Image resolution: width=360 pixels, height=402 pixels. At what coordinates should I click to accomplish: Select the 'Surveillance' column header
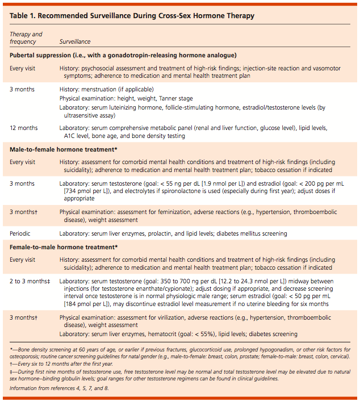coord(75,42)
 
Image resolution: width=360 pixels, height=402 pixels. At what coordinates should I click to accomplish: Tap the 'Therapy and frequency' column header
coord(26,38)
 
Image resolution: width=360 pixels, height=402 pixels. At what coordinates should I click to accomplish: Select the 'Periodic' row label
coord(22,233)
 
